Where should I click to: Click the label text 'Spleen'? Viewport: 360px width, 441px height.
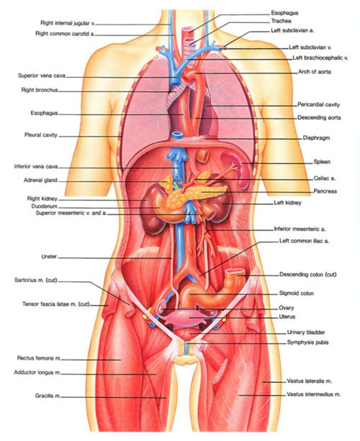click(322, 162)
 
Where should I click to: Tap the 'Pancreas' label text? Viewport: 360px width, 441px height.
click(325, 191)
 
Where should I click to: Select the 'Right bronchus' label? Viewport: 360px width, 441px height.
click(39, 90)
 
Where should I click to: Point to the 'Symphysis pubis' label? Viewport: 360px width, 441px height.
click(308, 342)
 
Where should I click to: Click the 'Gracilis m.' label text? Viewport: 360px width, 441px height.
click(48, 396)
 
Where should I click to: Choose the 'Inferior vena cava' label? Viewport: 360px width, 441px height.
click(36, 167)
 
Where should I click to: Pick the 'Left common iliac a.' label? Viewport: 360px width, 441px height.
click(304, 241)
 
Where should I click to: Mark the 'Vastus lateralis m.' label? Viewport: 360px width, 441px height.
click(309, 381)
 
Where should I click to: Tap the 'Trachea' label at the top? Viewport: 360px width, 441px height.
click(281, 21)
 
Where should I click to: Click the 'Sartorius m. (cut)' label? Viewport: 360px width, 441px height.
click(36, 280)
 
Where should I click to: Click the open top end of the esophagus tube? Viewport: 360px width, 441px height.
click(189, 29)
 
